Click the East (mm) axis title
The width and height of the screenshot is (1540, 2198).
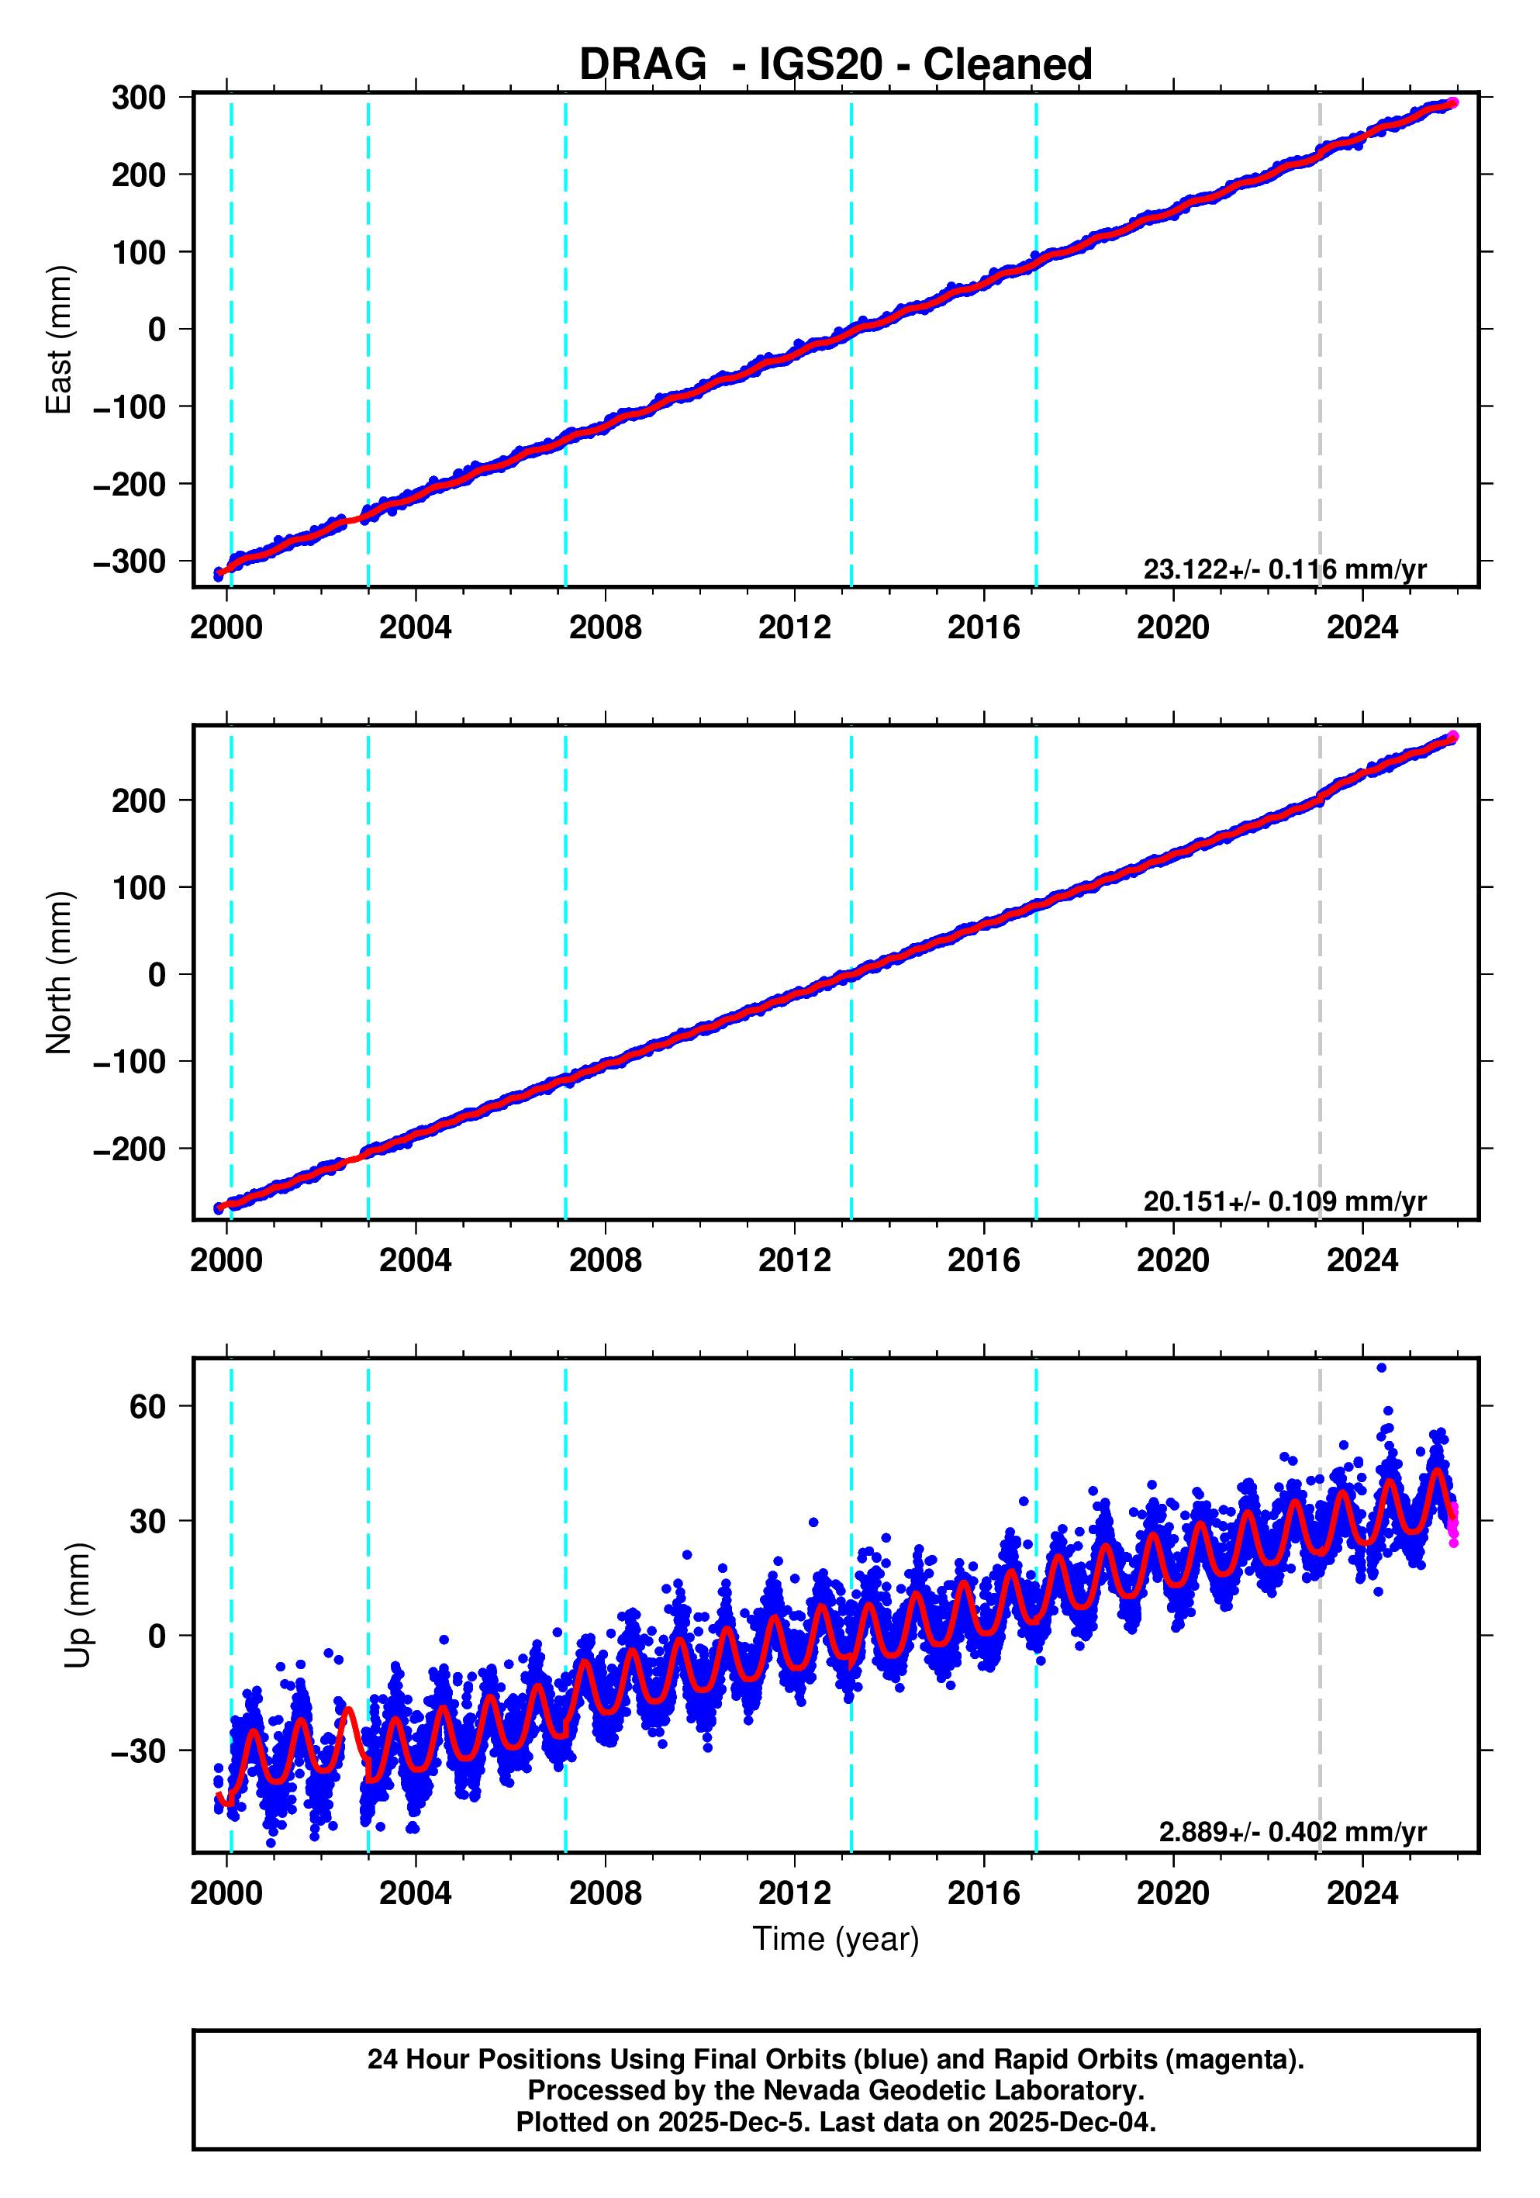(60, 340)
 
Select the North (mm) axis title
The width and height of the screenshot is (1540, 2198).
(60, 973)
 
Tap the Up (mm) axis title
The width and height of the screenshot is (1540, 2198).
(78, 1605)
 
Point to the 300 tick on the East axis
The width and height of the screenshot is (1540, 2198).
(139, 98)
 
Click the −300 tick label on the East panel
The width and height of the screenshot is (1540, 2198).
(129, 562)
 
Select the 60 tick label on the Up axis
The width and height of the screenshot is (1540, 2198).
(148, 1406)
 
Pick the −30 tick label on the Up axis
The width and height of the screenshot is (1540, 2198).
(139, 1751)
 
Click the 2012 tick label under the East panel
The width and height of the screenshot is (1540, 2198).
(794, 628)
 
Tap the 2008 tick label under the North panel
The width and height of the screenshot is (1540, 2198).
(605, 1261)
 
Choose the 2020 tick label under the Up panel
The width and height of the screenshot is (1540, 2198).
(1172, 1893)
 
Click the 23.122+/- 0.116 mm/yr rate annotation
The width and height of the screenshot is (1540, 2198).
(1284, 569)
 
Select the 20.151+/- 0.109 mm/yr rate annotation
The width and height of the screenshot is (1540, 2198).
(1284, 1201)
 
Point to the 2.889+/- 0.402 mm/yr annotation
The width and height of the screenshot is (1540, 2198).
(1292, 1832)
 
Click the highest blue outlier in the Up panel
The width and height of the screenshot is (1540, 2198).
(1381, 1368)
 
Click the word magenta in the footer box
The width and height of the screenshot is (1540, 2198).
(1241, 2059)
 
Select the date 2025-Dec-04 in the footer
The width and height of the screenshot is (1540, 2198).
(1070, 2122)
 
